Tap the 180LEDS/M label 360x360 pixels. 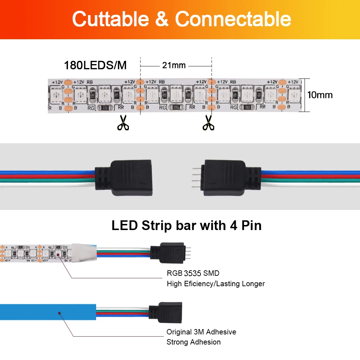(95, 66)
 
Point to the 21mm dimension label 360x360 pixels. (174, 65)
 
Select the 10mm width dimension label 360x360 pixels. (320, 95)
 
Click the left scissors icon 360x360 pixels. (123, 122)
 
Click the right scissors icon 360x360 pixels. (208, 122)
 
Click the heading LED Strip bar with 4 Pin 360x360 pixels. (186, 225)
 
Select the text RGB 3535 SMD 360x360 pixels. (193, 273)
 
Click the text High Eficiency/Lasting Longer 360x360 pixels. (216, 284)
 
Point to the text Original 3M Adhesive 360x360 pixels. (201, 332)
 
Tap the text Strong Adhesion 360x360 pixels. (194, 342)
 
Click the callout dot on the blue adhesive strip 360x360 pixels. (59, 313)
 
